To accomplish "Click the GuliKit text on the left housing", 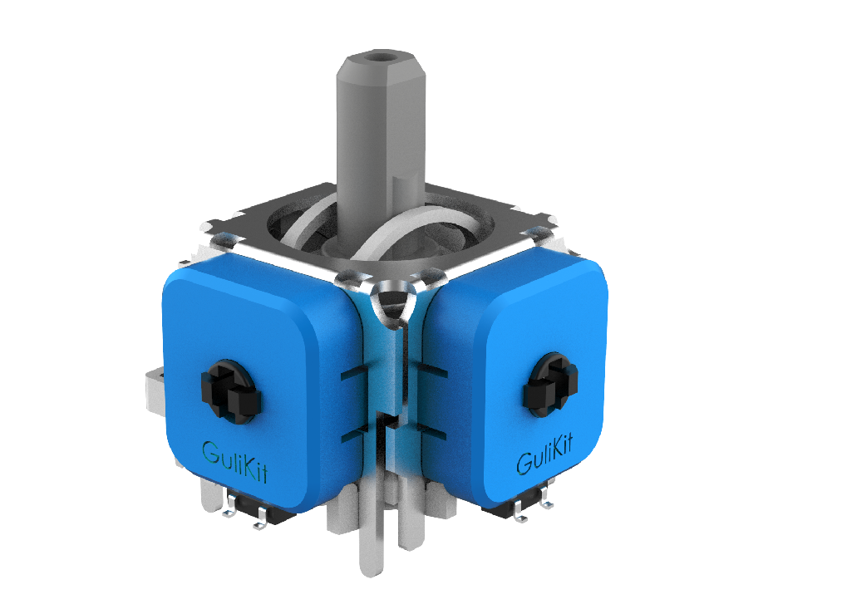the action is point(234,462).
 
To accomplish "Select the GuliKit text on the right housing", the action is point(544,454).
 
